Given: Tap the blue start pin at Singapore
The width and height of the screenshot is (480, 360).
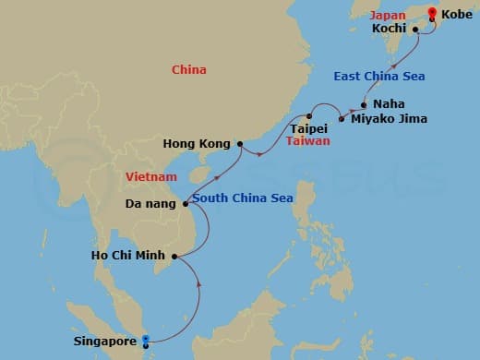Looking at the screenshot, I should click(146, 339).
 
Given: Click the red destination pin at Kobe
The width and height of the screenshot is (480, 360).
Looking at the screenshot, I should click(432, 13).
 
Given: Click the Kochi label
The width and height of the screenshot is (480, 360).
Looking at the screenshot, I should click(390, 30).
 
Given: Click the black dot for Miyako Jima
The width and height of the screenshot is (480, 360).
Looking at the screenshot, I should click(342, 119).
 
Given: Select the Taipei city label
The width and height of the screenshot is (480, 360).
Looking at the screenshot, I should click(309, 130).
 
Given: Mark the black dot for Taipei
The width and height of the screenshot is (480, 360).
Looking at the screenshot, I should click(310, 117).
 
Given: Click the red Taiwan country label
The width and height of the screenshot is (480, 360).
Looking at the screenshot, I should click(307, 142).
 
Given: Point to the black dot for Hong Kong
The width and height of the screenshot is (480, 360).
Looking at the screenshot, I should click(239, 144).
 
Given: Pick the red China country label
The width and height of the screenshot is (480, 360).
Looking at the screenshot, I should click(189, 70).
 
